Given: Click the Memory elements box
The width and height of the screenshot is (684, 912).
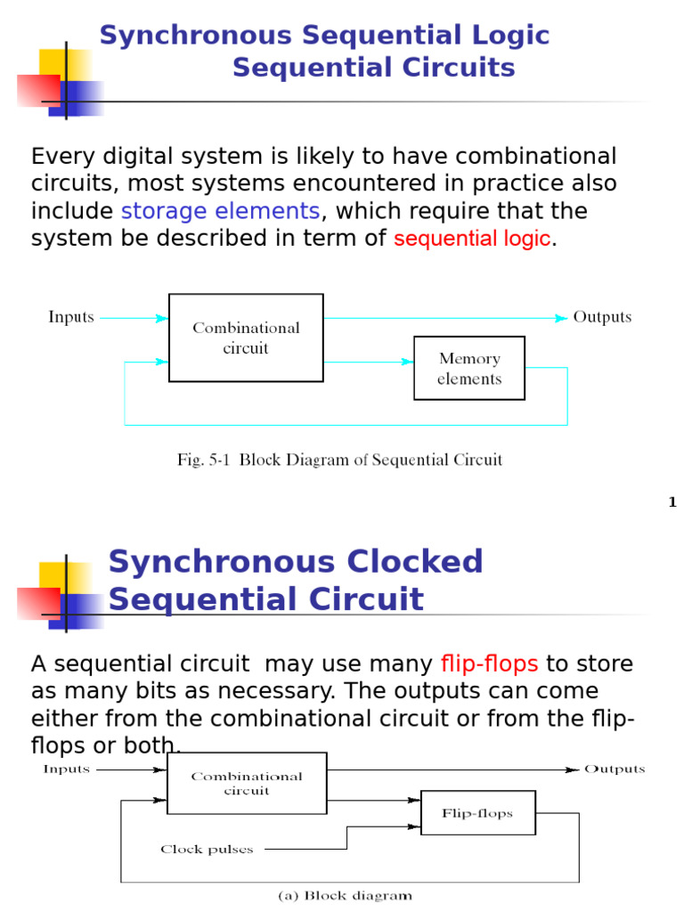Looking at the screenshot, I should point(469,368).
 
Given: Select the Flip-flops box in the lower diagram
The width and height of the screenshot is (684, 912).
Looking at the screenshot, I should point(477,813).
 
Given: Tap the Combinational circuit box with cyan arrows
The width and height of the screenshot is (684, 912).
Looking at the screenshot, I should point(246,338).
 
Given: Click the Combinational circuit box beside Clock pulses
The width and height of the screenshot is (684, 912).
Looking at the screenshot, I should point(246,783).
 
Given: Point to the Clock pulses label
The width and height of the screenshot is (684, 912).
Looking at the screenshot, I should point(207,849).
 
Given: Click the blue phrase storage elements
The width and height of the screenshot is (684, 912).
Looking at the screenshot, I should point(220,211).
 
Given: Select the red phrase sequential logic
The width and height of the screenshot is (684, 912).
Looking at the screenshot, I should point(472,239).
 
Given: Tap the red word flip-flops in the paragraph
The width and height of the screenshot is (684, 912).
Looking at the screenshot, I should point(489,664).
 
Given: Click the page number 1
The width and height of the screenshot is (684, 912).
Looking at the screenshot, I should point(672,502).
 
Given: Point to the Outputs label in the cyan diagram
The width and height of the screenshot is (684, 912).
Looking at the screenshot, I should point(602,317).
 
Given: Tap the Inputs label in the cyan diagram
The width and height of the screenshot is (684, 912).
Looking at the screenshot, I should point(71,317).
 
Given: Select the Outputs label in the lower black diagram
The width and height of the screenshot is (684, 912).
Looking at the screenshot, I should point(615,769).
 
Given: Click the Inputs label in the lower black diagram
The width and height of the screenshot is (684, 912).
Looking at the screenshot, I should point(67,769).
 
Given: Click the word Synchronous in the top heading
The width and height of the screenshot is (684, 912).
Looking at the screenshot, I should point(196,36).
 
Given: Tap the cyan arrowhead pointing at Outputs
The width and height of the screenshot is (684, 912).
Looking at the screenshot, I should point(561,317).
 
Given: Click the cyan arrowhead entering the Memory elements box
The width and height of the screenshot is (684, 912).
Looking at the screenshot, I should point(408,362).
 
